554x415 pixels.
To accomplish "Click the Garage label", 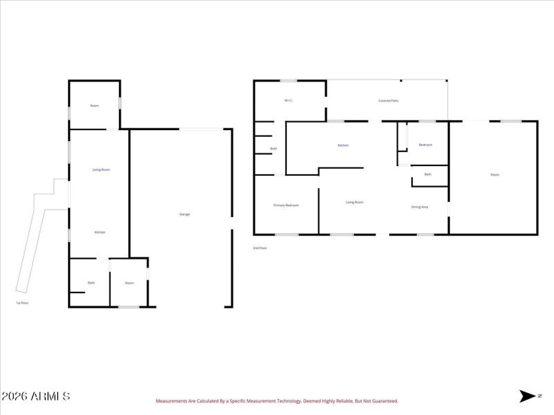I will pos(185,214).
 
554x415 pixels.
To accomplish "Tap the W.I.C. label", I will pos(289,100).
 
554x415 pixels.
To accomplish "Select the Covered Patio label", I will pos(388,100).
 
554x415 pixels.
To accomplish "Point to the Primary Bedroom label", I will pos(286,205).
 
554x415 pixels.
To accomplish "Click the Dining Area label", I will pos(420,207).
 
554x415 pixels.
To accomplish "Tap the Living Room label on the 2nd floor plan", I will pos(355,202).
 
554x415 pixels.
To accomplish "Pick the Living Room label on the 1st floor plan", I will pos(101,169).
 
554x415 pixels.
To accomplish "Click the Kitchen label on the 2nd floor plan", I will pos(343,145).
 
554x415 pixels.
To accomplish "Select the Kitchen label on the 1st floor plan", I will pos(100,232).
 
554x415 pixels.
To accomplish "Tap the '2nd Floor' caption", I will pos(260,248).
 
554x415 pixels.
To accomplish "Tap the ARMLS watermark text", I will pos(35,396).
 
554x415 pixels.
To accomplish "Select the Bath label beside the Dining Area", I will pos(427,174).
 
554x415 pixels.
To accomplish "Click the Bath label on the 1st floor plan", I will pos(91,283).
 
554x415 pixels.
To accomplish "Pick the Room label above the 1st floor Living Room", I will pos(94,106).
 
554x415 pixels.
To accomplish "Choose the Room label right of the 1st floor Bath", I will pos(129,283).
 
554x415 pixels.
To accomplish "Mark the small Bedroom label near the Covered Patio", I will pos(425,145).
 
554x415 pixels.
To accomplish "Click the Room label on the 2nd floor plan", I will pos(494,175).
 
